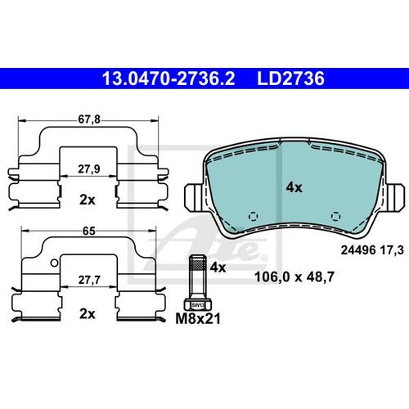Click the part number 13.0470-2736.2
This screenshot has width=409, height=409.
click(169, 79)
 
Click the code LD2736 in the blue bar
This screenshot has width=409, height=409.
click(290, 79)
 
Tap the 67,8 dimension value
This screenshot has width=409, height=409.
click(89, 119)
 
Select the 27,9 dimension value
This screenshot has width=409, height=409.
click(89, 169)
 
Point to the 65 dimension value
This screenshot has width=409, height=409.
click(89, 231)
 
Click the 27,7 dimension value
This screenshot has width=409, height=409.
click(89, 280)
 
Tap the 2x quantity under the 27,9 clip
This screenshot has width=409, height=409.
click(88, 200)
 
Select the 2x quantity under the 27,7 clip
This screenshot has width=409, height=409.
click(88, 314)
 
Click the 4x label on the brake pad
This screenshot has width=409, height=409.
click(294, 187)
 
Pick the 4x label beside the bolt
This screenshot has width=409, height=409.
click(218, 267)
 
